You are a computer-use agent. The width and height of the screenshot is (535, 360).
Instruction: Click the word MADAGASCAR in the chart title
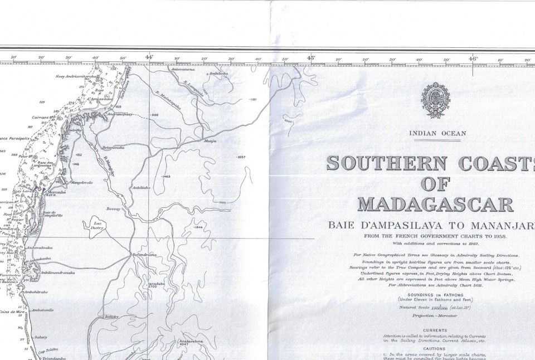click(435, 205)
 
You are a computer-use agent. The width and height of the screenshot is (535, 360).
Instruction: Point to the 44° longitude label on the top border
click(149, 57)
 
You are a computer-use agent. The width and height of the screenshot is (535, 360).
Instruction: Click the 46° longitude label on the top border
click(473, 57)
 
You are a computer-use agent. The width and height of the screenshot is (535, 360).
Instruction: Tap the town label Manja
click(210, 141)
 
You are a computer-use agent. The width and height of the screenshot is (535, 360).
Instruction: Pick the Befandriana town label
click(144, 255)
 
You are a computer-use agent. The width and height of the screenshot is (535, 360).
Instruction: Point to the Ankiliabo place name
click(141, 188)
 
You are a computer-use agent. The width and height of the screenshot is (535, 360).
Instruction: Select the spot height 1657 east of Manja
click(241, 158)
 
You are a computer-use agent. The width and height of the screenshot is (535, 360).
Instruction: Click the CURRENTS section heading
click(435, 330)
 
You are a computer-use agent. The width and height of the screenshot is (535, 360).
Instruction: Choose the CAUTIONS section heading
click(435, 348)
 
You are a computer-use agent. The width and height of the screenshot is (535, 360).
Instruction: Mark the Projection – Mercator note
click(435, 315)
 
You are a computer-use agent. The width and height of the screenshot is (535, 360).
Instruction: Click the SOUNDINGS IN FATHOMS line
click(435, 294)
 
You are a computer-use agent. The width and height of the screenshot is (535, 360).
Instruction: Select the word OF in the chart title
click(435, 184)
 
